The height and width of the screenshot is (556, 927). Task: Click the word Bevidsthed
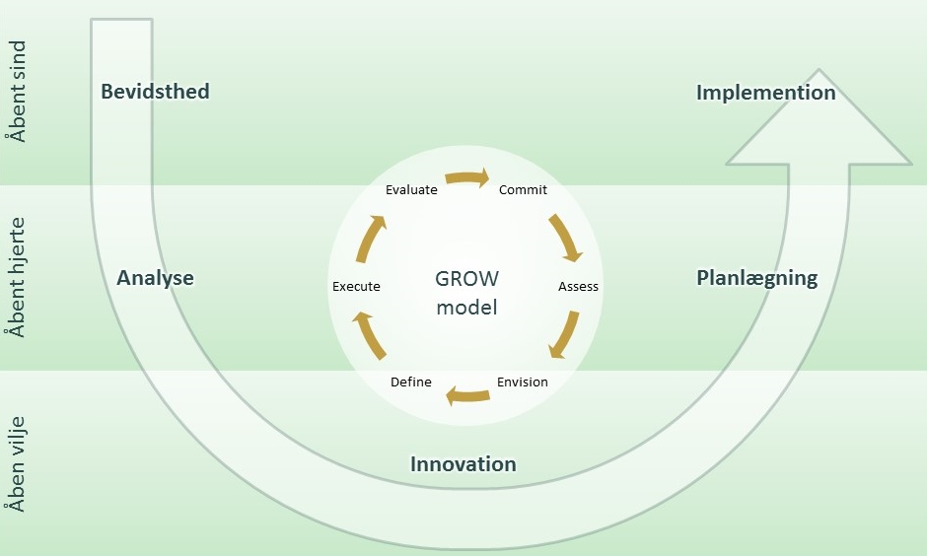(x=155, y=92)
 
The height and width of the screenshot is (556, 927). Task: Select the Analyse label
(x=155, y=278)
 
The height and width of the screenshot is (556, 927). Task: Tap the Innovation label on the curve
(x=463, y=464)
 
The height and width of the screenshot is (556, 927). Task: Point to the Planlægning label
(x=756, y=278)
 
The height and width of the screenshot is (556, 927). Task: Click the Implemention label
(x=765, y=93)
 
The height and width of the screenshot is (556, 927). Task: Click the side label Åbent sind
(x=16, y=92)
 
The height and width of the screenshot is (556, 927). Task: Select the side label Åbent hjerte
(x=16, y=277)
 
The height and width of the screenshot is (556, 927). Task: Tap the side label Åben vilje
(x=16, y=463)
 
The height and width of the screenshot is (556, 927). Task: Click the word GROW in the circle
(x=466, y=278)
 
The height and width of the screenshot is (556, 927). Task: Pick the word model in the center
(x=466, y=308)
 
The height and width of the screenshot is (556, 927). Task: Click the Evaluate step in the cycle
(x=411, y=190)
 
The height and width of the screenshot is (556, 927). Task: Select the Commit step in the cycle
(x=523, y=190)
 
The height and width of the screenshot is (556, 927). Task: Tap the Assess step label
(x=578, y=287)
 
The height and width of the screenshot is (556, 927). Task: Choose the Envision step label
(x=522, y=382)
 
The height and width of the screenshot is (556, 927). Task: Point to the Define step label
(x=410, y=382)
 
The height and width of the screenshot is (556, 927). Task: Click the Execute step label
(x=356, y=287)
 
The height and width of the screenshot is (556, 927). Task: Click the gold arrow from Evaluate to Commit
(x=466, y=178)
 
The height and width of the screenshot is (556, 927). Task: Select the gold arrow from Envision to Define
(x=467, y=396)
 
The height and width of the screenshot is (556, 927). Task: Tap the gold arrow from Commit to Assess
(x=565, y=238)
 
